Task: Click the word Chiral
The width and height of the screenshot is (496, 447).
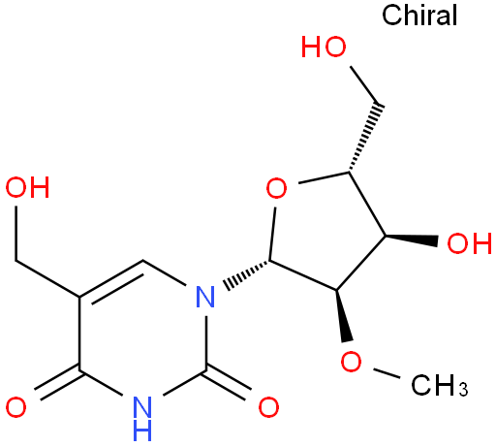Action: point(419,15)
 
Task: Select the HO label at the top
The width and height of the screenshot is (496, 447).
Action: point(324,47)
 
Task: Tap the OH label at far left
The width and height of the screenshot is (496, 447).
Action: point(27,187)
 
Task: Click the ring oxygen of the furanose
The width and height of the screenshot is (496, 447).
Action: point(276,188)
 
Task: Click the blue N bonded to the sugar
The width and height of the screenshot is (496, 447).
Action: point(205,297)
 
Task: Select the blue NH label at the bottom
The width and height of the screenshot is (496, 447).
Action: point(142,418)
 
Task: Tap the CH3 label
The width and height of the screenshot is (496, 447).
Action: point(440,385)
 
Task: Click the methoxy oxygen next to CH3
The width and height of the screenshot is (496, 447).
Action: point(351,362)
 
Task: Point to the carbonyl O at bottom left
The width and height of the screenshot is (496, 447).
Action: point(15,407)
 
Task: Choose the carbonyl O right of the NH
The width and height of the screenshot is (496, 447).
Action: point(268,407)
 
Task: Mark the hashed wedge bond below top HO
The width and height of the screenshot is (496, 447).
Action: point(365,137)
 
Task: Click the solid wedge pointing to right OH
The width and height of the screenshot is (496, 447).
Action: point(411,239)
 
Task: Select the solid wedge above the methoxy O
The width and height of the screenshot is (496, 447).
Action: point(342,315)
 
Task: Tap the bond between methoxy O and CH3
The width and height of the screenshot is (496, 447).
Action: point(387,372)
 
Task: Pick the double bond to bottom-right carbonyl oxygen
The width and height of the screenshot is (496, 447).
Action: point(228,383)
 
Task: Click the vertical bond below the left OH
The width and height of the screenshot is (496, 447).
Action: point(15,234)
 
